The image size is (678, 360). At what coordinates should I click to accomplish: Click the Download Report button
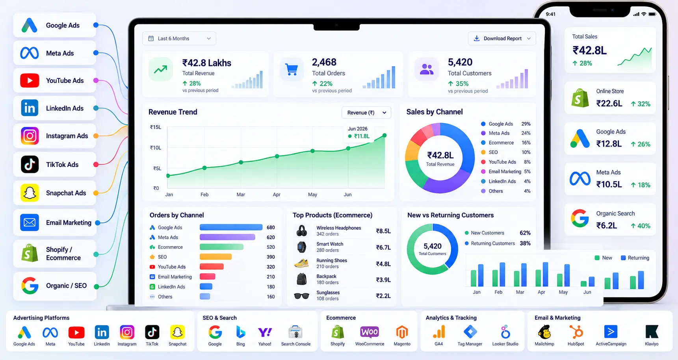(502, 39)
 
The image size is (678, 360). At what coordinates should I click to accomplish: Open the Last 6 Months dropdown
(179, 39)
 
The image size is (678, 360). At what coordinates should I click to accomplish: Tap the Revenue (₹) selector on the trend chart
(366, 113)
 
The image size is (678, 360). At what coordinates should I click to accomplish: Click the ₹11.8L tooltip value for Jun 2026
(362, 136)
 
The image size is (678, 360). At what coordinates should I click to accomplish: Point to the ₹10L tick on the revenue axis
(156, 148)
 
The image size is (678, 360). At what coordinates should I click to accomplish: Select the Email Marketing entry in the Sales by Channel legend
(505, 172)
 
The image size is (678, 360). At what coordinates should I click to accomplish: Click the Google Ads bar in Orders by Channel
(231, 227)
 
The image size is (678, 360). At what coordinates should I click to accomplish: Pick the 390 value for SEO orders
(271, 257)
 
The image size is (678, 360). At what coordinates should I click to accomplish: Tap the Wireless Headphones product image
(302, 231)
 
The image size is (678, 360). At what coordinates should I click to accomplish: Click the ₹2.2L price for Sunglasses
(383, 296)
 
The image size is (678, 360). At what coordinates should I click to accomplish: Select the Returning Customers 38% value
(525, 243)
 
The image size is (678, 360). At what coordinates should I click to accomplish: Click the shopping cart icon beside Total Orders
(292, 70)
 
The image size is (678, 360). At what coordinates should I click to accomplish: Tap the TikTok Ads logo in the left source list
(30, 164)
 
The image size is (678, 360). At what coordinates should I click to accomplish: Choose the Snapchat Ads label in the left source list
(66, 193)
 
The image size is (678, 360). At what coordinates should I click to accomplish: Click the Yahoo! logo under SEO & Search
(265, 332)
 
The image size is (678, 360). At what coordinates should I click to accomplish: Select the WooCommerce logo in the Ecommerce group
(370, 332)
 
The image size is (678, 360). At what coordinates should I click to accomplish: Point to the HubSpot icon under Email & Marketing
(576, 332)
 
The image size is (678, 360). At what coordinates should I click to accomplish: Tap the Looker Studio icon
(505, 332)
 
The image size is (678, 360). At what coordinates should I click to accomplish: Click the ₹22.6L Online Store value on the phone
(609, 104)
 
